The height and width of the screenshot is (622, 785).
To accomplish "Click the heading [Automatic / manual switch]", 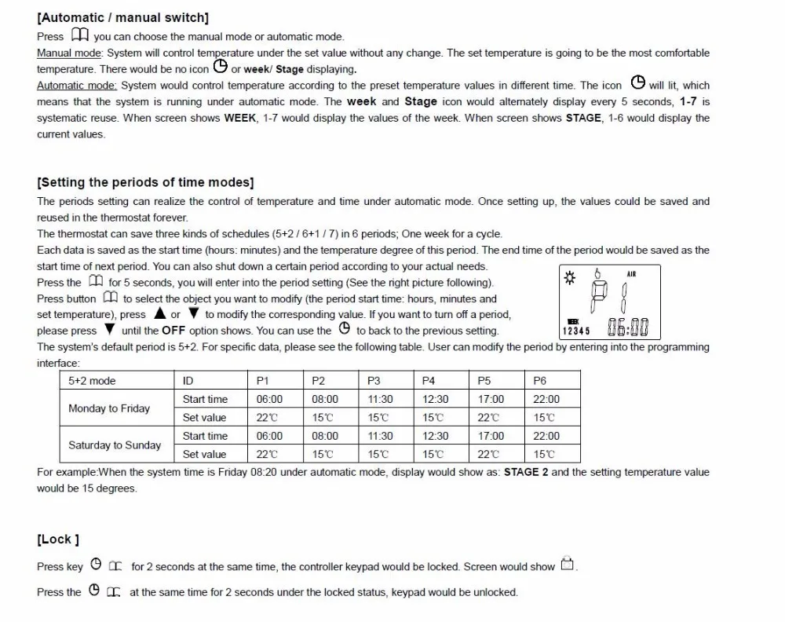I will pos(123,17).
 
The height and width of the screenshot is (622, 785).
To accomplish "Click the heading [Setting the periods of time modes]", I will pos(145,182).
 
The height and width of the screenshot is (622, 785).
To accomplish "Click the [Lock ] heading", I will pos(58,540).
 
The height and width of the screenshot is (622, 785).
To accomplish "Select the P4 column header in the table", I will pos(429,381).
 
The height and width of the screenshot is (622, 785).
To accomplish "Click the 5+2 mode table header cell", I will pos(92,381).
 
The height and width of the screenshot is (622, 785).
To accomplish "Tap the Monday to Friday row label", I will pos(109,408).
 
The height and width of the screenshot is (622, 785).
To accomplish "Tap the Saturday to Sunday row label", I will pos(115,445).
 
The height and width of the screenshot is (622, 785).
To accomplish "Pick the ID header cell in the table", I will pos(188,381).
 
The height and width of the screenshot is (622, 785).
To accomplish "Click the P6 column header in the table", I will pos(539,381).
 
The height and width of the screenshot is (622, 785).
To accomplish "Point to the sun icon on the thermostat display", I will pos(569,276).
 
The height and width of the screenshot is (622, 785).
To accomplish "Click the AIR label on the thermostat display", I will pos(632,273).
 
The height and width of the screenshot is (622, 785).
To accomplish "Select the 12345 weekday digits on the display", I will pos(576,331).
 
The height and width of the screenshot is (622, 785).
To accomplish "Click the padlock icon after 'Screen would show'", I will pos(567,565).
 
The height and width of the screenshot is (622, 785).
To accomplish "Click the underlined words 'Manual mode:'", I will pos(70,53).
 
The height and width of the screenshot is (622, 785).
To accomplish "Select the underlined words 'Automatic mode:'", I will pos(77,86).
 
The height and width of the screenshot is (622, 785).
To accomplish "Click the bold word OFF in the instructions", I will pos(173,331).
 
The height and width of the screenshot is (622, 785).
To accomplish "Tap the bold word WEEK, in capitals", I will pos(240,118).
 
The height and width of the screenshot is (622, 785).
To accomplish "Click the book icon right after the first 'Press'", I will pos(79,35).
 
